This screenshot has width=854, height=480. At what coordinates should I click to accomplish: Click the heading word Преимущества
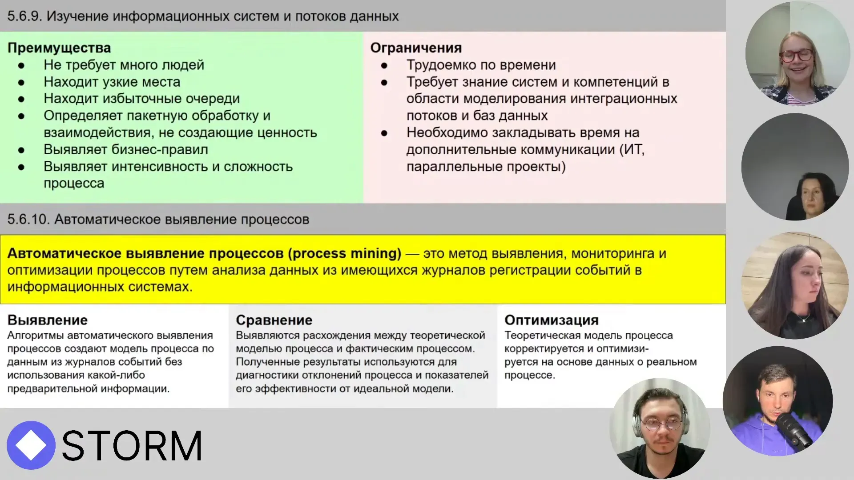[59, 48]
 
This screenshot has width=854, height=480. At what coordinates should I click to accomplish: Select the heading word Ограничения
[416, 48]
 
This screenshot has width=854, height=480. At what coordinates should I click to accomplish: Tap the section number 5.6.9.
[24, 16]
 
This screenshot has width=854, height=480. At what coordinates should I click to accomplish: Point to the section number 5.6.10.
[28, 220]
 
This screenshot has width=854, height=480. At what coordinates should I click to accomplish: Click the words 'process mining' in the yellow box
[344, 253]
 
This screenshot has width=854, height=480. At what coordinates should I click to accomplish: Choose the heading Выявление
[48, 320]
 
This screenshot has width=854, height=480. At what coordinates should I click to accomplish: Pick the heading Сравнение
[274, 320]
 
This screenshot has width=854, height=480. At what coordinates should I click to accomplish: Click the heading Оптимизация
[551, 320]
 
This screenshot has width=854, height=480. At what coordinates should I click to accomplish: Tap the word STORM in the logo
[132, 446]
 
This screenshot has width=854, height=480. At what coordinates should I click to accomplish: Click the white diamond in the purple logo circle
[30, 445]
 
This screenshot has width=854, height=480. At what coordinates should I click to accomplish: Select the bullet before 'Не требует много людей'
[21, 66]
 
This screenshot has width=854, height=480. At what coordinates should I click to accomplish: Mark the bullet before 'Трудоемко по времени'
[384, 66]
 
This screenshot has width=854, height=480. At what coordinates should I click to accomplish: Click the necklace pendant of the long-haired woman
[803, 320]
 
